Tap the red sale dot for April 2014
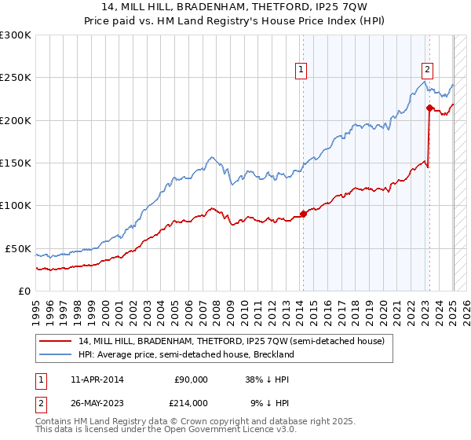tap(303, 214)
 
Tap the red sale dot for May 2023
tap(429, 108)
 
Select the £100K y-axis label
tap(15, 206)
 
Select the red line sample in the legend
tap(55, 341)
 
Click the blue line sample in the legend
tap(55, 354)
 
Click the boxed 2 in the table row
tap(40, 402)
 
